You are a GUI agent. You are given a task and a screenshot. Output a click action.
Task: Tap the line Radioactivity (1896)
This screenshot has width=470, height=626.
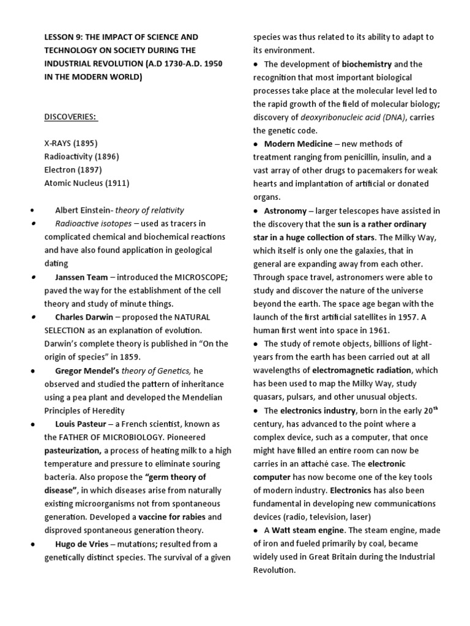(81, 156)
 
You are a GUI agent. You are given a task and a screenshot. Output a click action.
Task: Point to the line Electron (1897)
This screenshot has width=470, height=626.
(72, 170)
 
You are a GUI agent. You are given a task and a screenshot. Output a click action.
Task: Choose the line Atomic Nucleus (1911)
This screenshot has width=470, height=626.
(86, 183)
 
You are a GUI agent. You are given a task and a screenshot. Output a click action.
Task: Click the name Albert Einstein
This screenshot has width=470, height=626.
(83, 210)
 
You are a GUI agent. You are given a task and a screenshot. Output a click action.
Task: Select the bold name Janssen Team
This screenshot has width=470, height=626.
(81, 277)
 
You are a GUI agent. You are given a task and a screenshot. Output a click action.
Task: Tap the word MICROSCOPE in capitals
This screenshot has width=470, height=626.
(177, 277)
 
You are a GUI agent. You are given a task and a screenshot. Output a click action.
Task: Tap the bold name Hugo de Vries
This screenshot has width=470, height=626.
(83, 544)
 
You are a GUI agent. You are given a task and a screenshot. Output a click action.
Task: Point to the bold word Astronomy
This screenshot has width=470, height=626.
(286, 211)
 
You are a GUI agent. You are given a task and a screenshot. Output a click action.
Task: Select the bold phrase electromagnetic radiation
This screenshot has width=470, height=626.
(362, 370)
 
